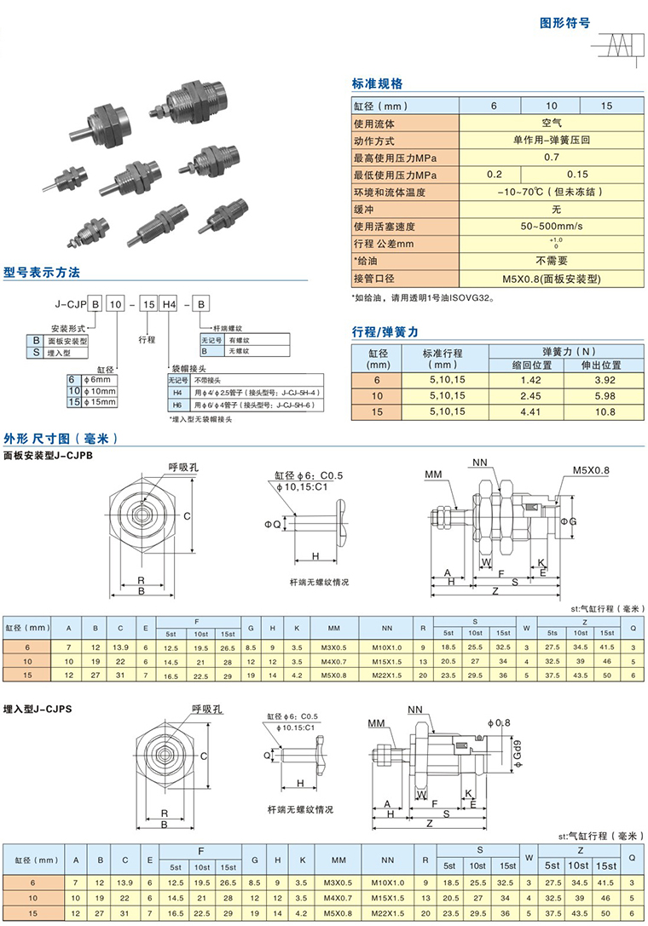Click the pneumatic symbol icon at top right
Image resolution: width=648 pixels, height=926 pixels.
point(619,44)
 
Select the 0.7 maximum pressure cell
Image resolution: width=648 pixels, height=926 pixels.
point(551,158)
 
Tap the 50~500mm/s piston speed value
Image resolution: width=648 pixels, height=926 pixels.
point(551,226)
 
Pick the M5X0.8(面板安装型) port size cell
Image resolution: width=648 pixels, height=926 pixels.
point(551,278)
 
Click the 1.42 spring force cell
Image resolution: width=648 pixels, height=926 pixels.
point(531,380)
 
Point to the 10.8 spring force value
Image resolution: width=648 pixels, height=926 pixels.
point(605,411)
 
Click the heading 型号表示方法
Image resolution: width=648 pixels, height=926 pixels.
point(42,273)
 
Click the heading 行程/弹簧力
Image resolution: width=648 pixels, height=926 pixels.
point(385,331)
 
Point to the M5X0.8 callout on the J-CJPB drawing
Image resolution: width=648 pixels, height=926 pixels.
point(591,469)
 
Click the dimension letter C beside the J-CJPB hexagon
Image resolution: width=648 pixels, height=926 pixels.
point(186,515)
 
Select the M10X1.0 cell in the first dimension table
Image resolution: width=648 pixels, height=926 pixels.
point(387,648)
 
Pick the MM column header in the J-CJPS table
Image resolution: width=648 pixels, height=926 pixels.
point(333,860)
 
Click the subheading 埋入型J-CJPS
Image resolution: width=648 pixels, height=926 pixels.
point(49,708)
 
